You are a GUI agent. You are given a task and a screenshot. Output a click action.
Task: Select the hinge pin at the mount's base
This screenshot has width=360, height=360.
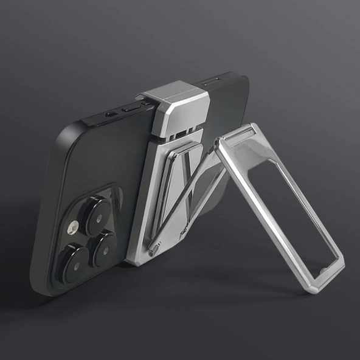153,249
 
